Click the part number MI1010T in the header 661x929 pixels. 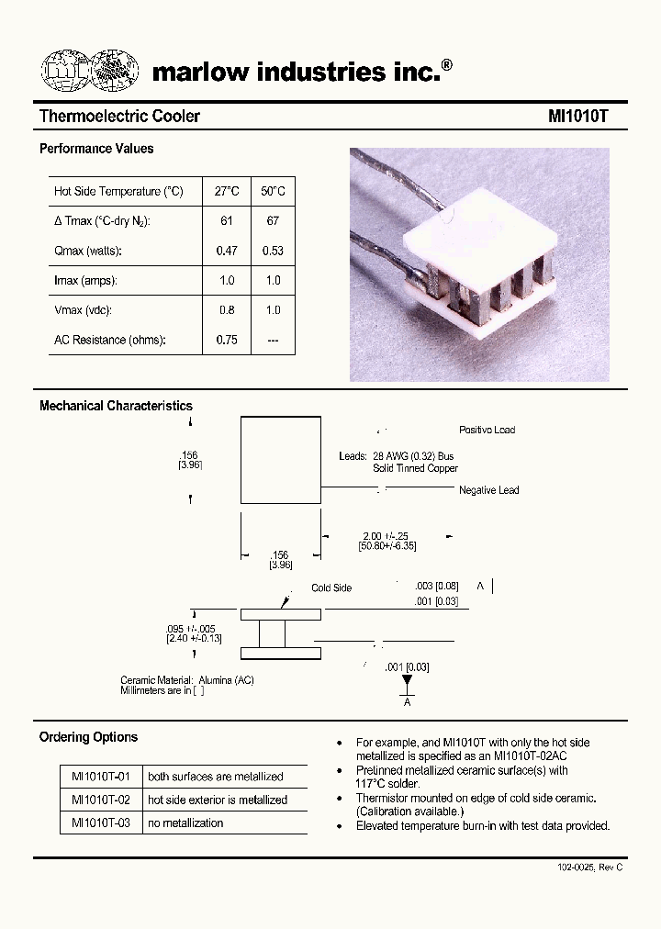577,117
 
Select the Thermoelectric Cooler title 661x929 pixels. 119,117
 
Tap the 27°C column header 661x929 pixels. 227,191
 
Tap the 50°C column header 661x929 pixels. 273,191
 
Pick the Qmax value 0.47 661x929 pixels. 227,251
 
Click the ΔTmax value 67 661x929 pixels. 273,221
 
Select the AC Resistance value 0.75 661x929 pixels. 227,340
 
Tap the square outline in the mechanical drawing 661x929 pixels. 280,460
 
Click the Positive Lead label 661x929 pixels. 487,430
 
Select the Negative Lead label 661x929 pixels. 488,490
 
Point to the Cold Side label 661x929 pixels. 330,588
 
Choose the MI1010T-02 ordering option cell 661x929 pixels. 101,800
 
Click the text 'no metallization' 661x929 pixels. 185,823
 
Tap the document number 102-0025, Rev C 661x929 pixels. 589,867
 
